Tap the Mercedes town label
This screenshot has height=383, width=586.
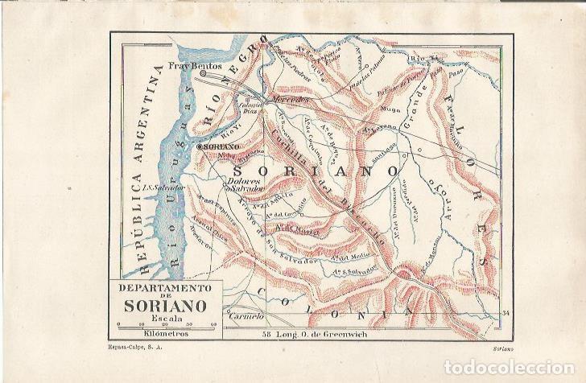pyautogui.click(x=290, y=100)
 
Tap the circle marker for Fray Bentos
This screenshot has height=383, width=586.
pyautogui.click(x=203, y=73)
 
